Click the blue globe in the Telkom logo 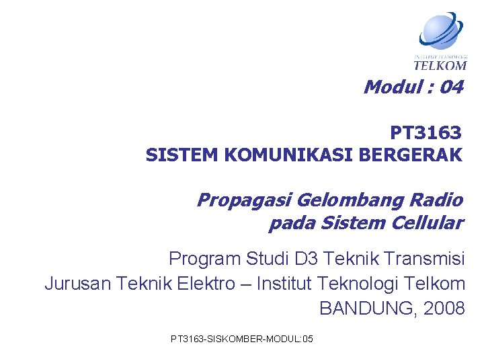point(441,31)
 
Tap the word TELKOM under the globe point(440,65)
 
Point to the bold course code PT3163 point(426,132)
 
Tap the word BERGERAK point(411,155)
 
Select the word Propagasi point(243,200)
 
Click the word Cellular point(429,223)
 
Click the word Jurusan point(76,284)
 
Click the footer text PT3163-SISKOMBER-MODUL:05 point(242,338)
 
